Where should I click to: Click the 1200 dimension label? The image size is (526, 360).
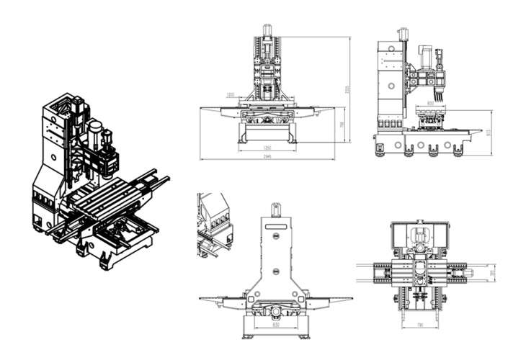[x=230, y=94]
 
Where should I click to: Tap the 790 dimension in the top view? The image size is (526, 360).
[x=420, y=325]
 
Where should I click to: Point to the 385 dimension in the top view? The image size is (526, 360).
[x=491, y=273]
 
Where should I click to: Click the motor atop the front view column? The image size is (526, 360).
[x=267, y=30]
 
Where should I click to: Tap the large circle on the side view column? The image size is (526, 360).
[x=390, y=86]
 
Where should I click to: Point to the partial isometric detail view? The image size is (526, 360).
[x=214, y=223]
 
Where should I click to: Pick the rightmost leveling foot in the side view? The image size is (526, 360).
[x=455, y=152]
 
